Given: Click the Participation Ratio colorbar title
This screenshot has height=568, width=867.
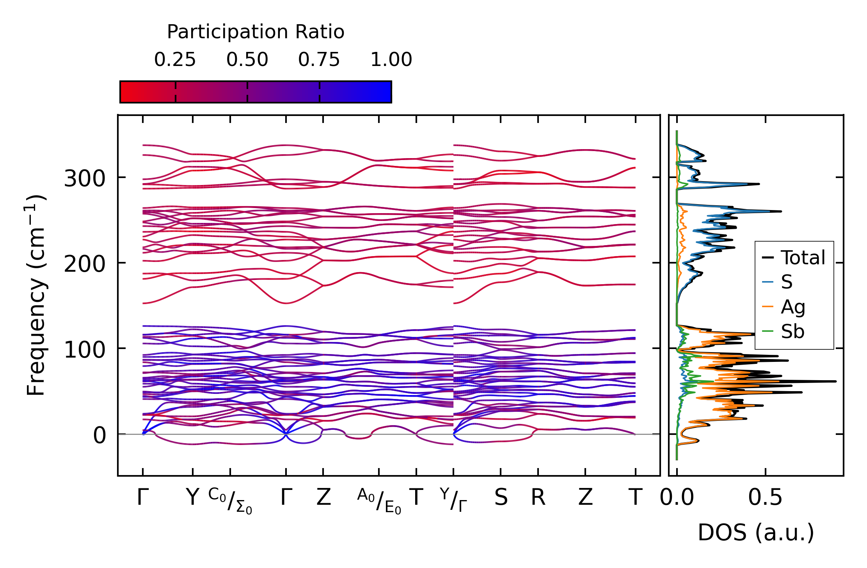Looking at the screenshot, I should pyautogui.click(x=256, y=32).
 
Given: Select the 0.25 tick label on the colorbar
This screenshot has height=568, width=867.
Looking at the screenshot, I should pyautogui.click(x=175, y=60).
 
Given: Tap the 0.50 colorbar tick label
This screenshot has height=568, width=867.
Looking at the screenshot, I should pyautogui.click(x=247, y=60).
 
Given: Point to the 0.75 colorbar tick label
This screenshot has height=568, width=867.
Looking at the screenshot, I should pyautogui.click(x=319, y=60).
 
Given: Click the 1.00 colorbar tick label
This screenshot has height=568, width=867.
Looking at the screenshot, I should pyautogui.click(x=391, y=60).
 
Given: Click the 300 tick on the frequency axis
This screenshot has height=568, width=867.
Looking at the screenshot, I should pyautogui.click(x=85, y=179).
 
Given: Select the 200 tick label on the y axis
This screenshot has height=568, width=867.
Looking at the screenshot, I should pyautogui.click(x=85, y=264).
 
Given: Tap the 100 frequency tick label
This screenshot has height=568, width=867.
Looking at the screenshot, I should pyautogui.click(x=85, y=350).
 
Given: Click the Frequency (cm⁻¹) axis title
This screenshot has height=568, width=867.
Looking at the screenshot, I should pyautogui.click(x=36, y=295).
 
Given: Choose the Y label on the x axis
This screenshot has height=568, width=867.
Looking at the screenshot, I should pyautogui.click(x=192, y=497).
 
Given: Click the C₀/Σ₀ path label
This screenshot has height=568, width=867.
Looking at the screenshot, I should pyautogui.click(x=230, y=501).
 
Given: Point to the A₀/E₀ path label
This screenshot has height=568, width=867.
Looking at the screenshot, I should pyautogui.click(x=379, y=501).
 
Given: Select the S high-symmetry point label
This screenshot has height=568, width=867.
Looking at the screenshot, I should pyautogui.click(x=501, y=497).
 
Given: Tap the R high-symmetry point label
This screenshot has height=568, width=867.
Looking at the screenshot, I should pyautogui.click(x=538, y=497).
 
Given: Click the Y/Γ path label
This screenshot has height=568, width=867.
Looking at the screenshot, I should pyautogui.click(x=453, y=499).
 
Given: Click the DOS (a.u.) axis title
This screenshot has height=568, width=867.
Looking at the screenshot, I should pyautogui.click(x=756, y=532).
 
